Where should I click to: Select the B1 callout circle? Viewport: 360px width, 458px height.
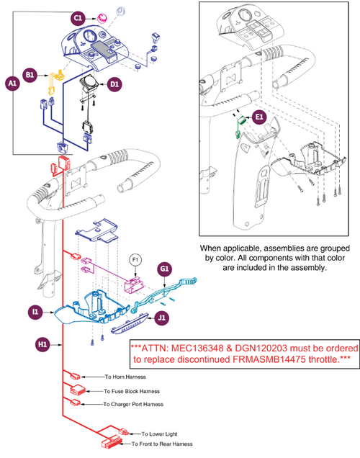pyautogui.click(x=30, y=73)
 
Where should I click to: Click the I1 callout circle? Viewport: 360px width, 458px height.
pyautogui.click(x=34, y=312)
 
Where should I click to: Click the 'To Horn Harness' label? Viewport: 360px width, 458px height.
pyautogui.click(x=129, y=377)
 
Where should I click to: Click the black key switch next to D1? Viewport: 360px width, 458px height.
pyautogui.click(x=91, y=82)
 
